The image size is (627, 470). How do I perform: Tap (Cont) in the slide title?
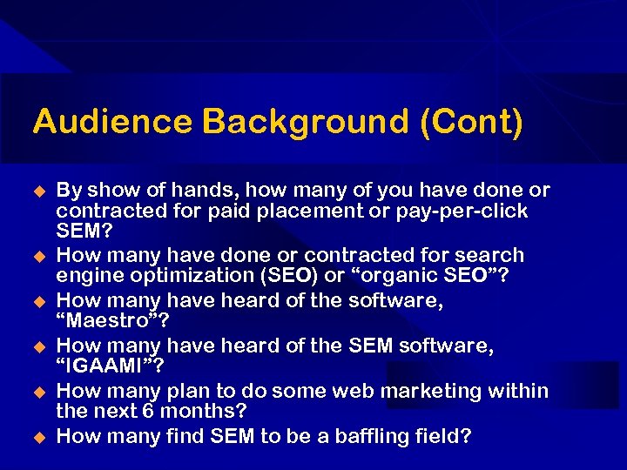471,122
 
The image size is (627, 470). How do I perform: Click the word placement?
319,211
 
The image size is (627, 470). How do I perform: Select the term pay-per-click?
473,211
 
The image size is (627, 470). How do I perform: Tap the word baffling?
365,435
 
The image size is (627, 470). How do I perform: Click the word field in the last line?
442,435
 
